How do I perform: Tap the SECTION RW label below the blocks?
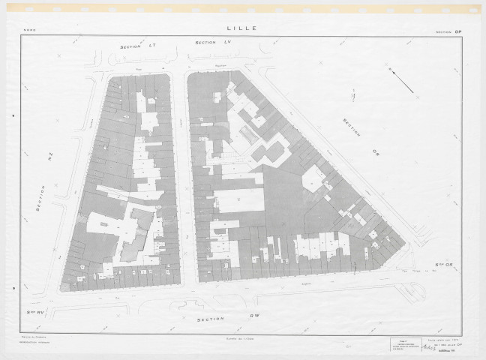223,318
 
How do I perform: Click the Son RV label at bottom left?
34,309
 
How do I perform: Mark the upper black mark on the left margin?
13,116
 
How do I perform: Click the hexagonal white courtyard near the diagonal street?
311,178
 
